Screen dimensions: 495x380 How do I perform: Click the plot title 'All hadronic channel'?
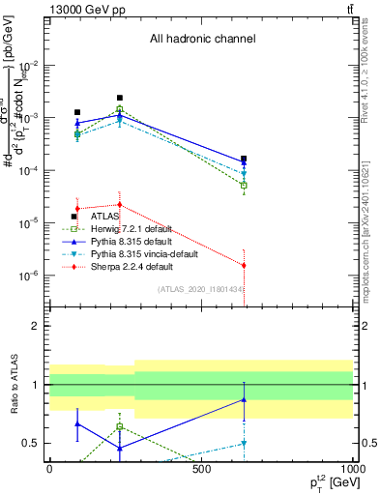click(x=202, y=40)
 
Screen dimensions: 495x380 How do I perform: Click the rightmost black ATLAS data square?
click(x=244, y=159)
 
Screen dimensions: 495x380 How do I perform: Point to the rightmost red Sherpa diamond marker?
click(x=244, y=265)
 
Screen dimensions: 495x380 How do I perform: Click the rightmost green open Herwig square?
click(x=244, y=185)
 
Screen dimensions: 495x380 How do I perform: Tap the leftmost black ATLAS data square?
click(x=77, y=113)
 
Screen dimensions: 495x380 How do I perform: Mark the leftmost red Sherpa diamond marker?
click(x=77, y=209)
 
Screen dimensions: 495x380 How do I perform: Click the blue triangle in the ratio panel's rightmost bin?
click(x=244, y=399)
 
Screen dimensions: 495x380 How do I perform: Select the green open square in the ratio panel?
click(x=119, y=426)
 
